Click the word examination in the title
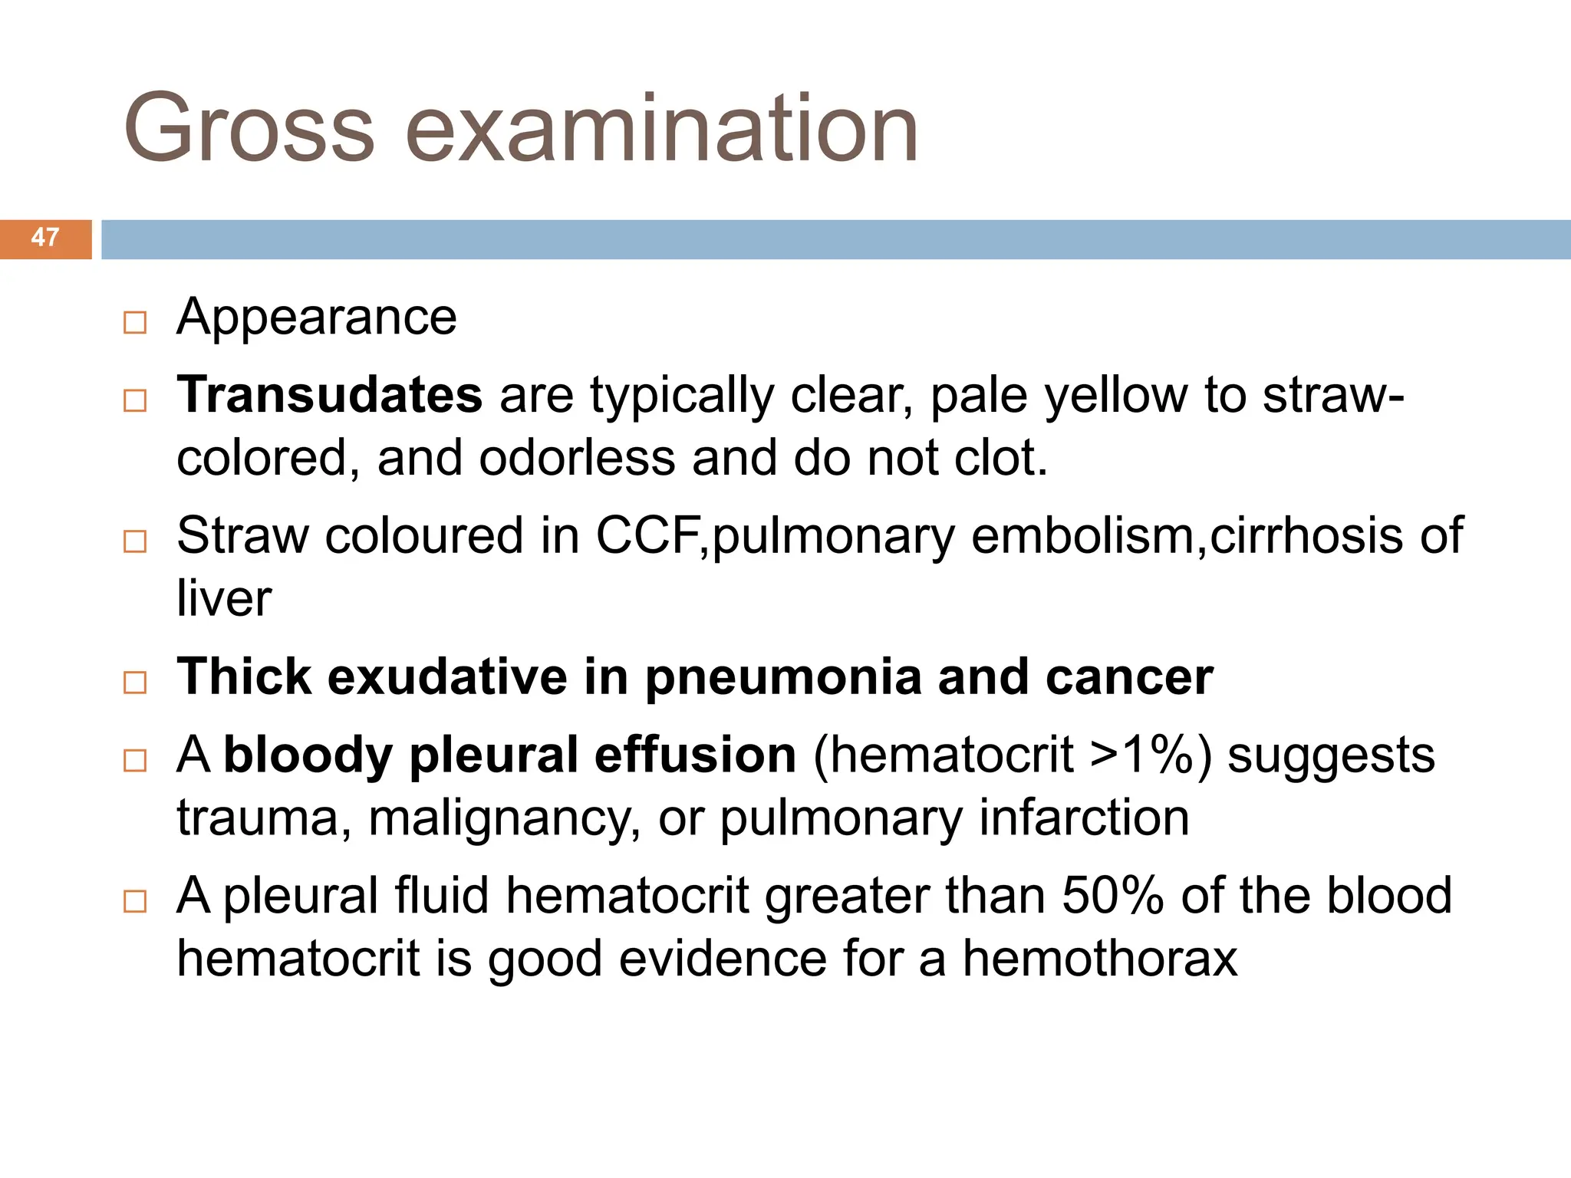pos(661,129)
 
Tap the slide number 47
pos(45,238)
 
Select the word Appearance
pos(316,318)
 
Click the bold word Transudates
pos(329,396)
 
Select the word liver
pos(224,598)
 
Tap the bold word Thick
pos(244,676)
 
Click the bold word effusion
pos(695,755)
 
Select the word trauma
pos(257,818)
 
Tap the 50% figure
pos(1113,896)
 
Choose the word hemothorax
pos(1100,959)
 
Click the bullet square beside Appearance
pos(135,322)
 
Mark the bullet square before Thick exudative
pos(135,682)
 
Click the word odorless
pos(578,459)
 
